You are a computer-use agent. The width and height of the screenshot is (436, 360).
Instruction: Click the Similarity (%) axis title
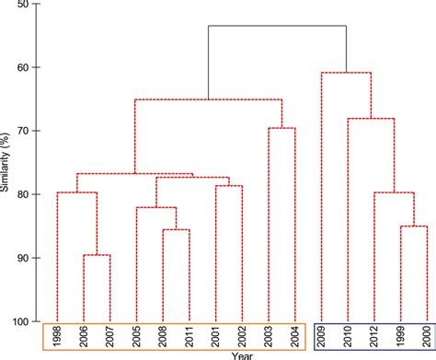6,164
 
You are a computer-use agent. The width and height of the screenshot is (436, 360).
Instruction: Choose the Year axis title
243,354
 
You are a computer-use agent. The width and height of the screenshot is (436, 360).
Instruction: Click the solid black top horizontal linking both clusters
277,27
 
